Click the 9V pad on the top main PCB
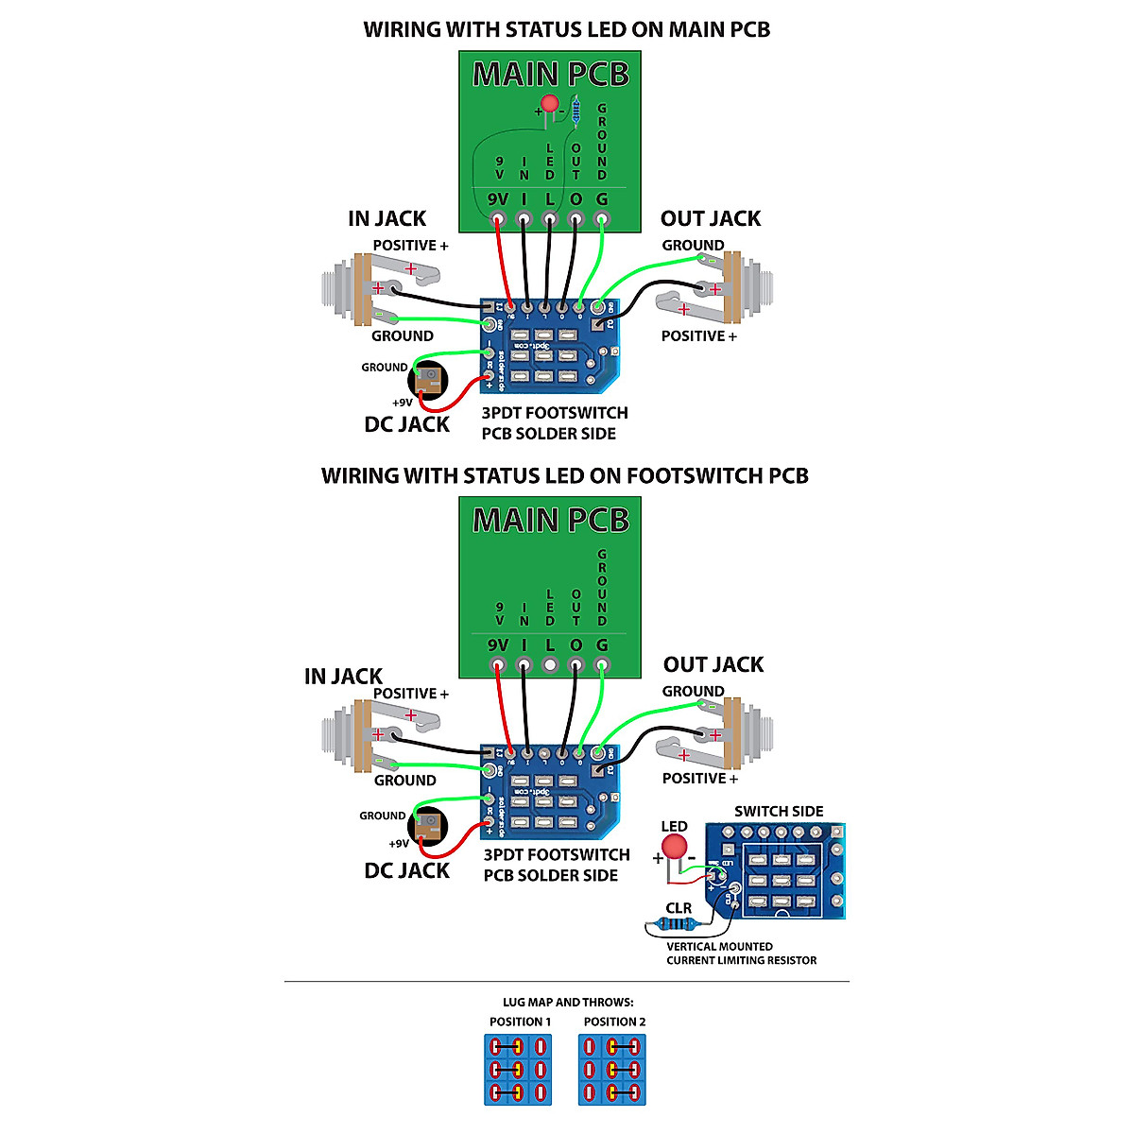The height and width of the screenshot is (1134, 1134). pyautogui.click(x=498, y=219)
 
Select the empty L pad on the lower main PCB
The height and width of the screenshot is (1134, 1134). pyautogui.click(x=550, y=665)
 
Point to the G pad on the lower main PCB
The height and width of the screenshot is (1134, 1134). pyautogui.click(x=602, y=665)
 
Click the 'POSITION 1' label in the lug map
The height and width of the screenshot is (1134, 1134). pyautogui.click(x=520, y=1022)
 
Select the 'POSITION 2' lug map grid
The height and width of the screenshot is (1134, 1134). pyautogui.click(x=612, y=1070)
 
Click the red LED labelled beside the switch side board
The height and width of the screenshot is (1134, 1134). pyautogui.click(x=674, y=847)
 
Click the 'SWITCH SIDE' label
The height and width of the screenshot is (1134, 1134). pyautogui.click(x=779, y=812)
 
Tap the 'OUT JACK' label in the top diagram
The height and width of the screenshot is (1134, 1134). pyautogui.click(x=711, y=219)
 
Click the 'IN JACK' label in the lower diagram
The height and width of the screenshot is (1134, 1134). pyautogui.click(x=343, y=677)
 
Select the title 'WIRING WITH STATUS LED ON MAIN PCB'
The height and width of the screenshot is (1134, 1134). pyautogui.click(x=567, y=30)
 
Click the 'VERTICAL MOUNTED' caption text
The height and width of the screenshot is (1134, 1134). pyautogui.click(x=719, y=947)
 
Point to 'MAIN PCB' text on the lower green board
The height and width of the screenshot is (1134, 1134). pyautogui.click(x=551, y=521)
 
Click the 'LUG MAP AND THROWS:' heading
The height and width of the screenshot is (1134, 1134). pyautogui.click(x=568, y=1003)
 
